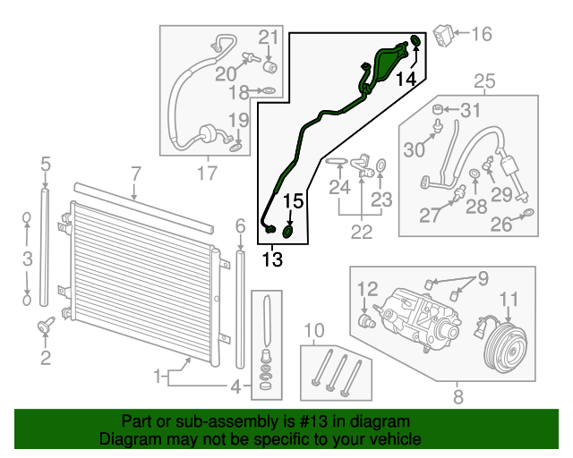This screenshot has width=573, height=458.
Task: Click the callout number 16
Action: tap(482, 35)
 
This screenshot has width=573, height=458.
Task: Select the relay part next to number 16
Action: tap(444, 35)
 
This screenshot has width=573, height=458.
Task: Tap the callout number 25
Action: tap(483, 83)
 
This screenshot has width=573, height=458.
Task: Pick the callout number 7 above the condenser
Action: tap(135, 173)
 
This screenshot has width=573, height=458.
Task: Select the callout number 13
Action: tap(272, 260)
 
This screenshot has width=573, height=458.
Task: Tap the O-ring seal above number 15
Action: tap(289, 232)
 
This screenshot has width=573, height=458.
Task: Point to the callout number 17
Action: tap(207, 173)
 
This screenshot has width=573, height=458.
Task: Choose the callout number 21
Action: tap(269, 37)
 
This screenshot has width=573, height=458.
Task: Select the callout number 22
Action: tap(361, 231)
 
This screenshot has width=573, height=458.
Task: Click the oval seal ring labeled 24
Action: tap(337, 162)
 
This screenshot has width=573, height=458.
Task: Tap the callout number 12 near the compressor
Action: tap(368, 289)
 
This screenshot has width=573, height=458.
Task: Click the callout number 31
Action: tap(471, 111)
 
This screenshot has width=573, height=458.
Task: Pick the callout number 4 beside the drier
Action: tap(236, 387)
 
